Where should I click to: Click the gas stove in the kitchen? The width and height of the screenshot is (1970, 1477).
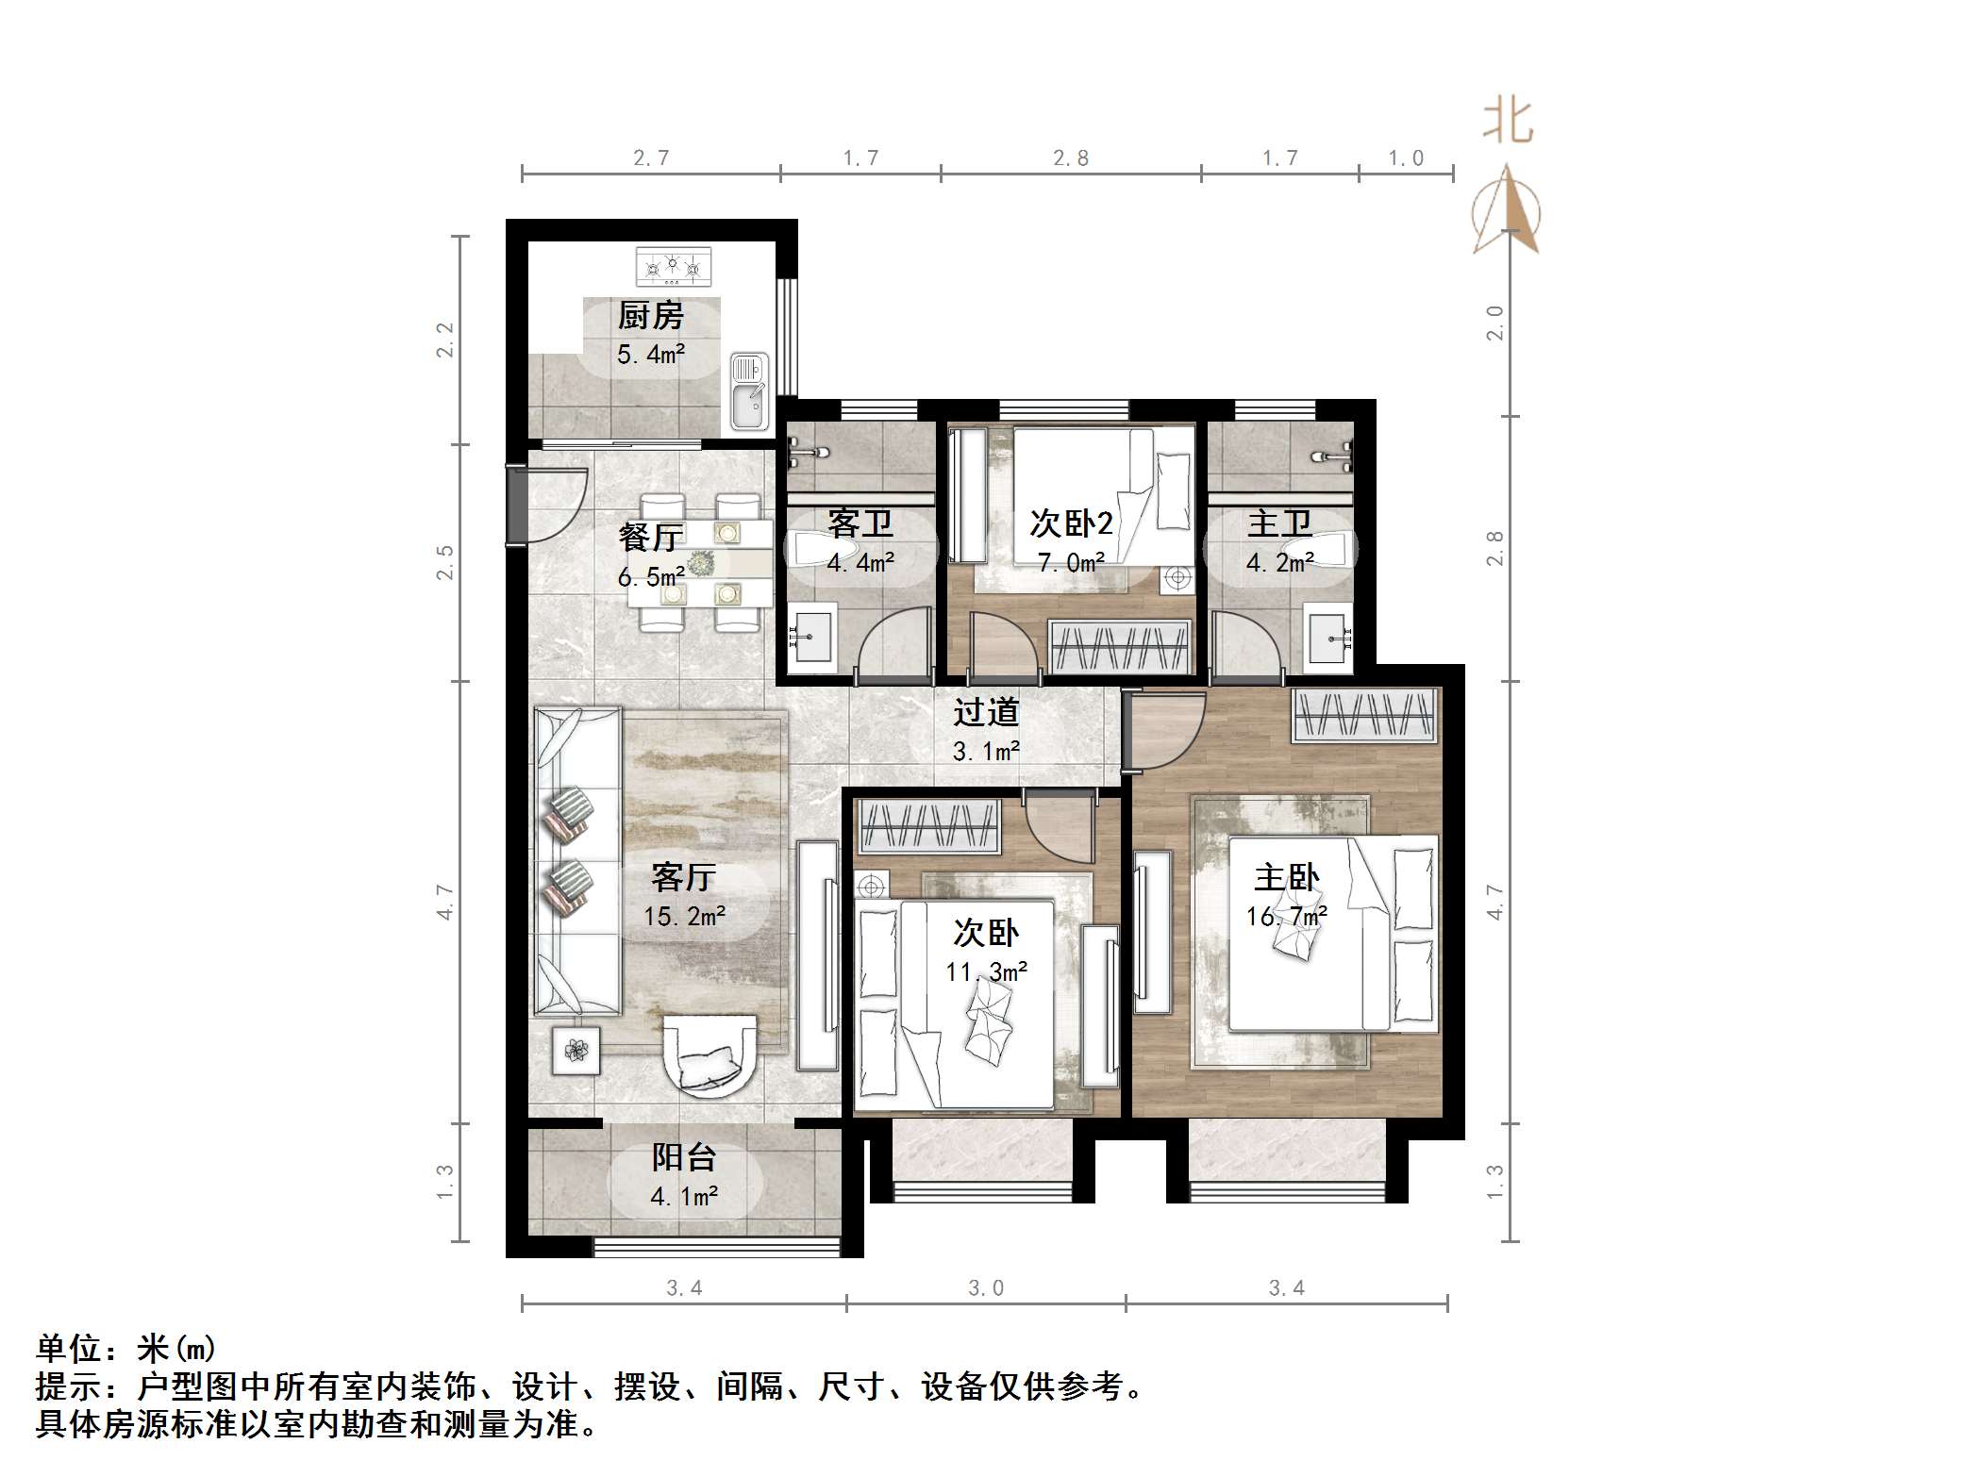coord(673,267)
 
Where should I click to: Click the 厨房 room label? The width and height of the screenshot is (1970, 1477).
coord(650,316)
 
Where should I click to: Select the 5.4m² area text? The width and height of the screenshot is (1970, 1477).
coord(650,355)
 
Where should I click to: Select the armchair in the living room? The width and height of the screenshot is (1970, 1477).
coord(710,1054)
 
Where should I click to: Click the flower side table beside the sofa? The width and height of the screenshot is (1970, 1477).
coord(576,1049)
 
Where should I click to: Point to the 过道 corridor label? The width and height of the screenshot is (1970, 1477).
coord(985,712)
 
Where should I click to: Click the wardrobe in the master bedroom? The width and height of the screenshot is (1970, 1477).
coord(1364,714)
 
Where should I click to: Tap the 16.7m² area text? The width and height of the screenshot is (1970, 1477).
coord(1286,916)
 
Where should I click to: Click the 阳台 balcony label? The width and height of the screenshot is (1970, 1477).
coord(684,1157)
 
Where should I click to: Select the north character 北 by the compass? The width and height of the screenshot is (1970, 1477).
coord(1507,123)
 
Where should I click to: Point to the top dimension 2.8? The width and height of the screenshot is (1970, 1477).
coord(1071,158)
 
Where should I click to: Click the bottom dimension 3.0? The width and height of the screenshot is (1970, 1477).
coord(985,1288)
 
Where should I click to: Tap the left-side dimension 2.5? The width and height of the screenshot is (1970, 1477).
coord(445,562)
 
